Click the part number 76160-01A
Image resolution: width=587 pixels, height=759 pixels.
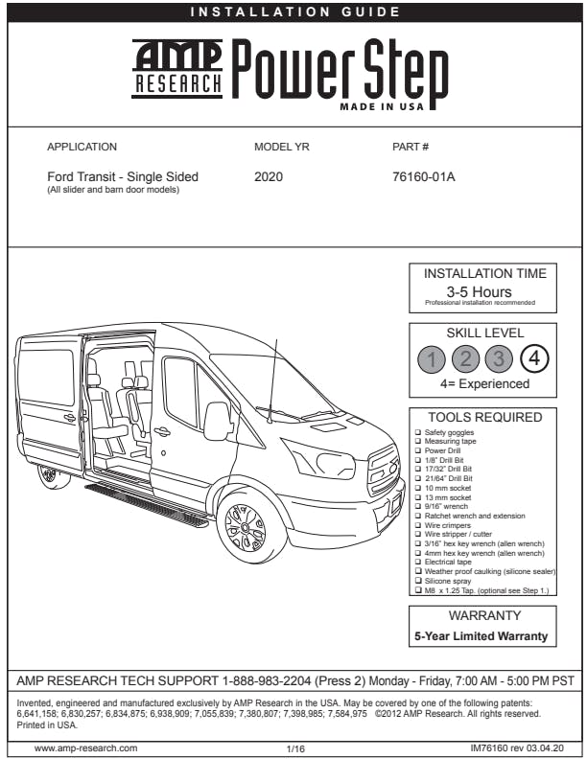[x=424, y=177]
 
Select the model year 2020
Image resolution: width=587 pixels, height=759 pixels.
[x=269, y=177]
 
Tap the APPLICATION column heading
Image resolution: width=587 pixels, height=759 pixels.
[x=82, y=148]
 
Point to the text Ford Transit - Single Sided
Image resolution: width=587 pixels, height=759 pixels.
[x=123, y=177]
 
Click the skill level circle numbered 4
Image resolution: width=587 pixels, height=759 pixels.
[x=534, y=360]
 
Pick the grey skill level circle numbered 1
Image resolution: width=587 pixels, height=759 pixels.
[x=434, y=360]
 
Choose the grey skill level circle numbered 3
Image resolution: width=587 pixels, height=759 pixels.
[x=500, y=360]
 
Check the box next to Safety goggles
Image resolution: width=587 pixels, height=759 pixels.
[x=417, y=433]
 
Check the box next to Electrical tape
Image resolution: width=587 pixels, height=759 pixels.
[x=417, y=562]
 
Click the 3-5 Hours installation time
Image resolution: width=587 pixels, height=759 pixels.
[x=479, y=291]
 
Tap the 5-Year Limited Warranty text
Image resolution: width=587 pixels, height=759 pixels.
[x=481, y=635]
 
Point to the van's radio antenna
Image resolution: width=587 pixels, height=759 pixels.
[x=273, y=378]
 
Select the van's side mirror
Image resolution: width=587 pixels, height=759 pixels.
[x=217, y=421]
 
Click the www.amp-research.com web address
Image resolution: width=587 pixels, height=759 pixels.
[x=85, y=747]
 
